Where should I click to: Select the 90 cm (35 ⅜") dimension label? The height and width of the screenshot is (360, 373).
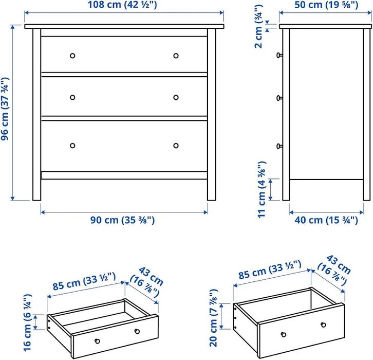[x=123, y=220]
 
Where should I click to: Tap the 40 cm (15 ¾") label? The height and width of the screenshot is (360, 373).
[x=327, y=220]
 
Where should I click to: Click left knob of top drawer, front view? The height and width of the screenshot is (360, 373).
[x=72, y=56]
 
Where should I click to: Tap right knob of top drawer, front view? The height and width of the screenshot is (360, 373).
[x=176, y=56]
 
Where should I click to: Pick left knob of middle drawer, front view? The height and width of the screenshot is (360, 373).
[x=72, y=98]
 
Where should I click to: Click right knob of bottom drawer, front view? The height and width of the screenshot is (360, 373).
[x=176, y=146]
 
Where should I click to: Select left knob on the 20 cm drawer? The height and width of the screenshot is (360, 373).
[x=283, y=334]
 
